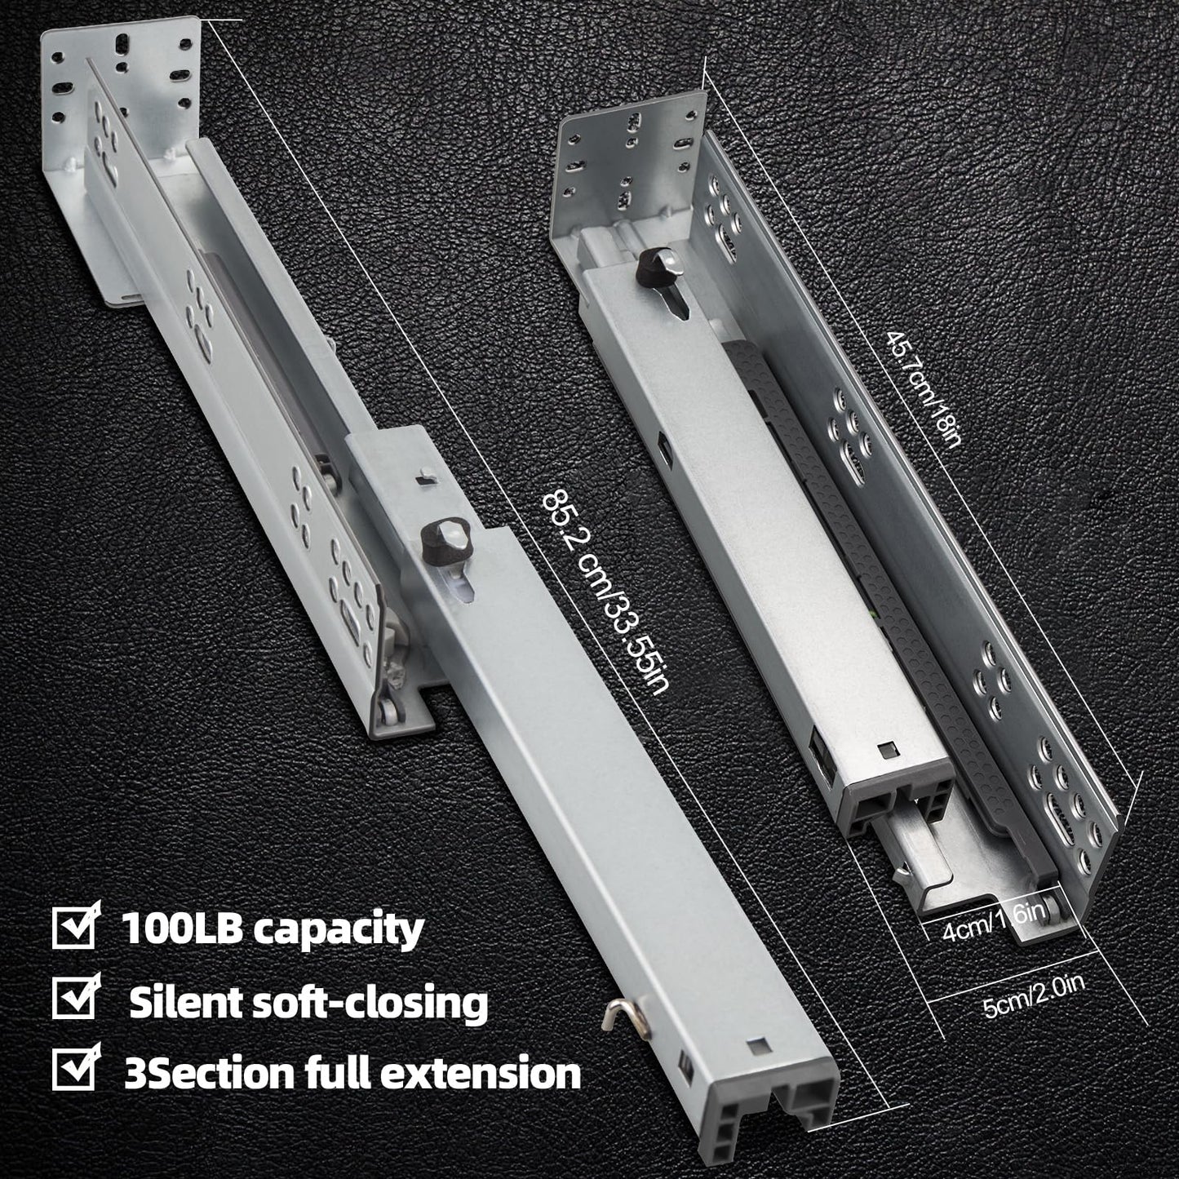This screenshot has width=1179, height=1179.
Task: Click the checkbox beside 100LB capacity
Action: pyautogui.click(x=76, y=928)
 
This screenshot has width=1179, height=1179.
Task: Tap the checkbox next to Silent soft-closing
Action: pyautogui.click(x=76, y=999)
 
